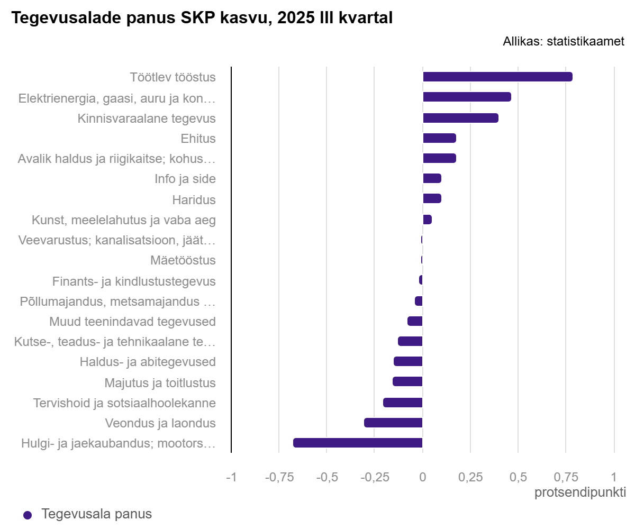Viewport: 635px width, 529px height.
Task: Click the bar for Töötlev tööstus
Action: (497, 77)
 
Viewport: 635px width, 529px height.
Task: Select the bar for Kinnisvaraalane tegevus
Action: (460, 118)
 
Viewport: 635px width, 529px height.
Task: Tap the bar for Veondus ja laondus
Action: (393, 423)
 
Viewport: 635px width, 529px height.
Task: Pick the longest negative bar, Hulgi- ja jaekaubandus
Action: (358, 443)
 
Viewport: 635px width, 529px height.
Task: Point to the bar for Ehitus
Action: (439, 138)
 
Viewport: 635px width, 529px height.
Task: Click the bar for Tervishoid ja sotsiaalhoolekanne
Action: (403, 403)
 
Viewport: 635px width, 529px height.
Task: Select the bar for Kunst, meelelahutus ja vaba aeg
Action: (428, 220)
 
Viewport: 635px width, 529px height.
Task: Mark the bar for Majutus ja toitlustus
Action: (407, 381)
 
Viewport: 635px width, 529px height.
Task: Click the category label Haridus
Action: (194, 200)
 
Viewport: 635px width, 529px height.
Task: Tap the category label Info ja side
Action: (185, 179)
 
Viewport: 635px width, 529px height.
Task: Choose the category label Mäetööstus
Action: (183, 260)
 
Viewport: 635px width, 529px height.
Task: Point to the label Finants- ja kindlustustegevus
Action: (134, 281)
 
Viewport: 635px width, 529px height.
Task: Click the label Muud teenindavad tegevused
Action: (132, 322)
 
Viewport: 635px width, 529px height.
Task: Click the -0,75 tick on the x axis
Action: (279, 477)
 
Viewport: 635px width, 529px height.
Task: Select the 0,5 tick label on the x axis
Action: (518, 477)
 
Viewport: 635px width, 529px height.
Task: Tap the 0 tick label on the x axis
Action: (422, 477)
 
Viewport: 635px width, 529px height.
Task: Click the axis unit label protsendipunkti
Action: (580, 492)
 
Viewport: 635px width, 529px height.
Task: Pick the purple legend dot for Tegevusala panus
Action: (28, 515)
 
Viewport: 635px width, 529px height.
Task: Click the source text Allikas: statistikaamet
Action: (564, 41)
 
